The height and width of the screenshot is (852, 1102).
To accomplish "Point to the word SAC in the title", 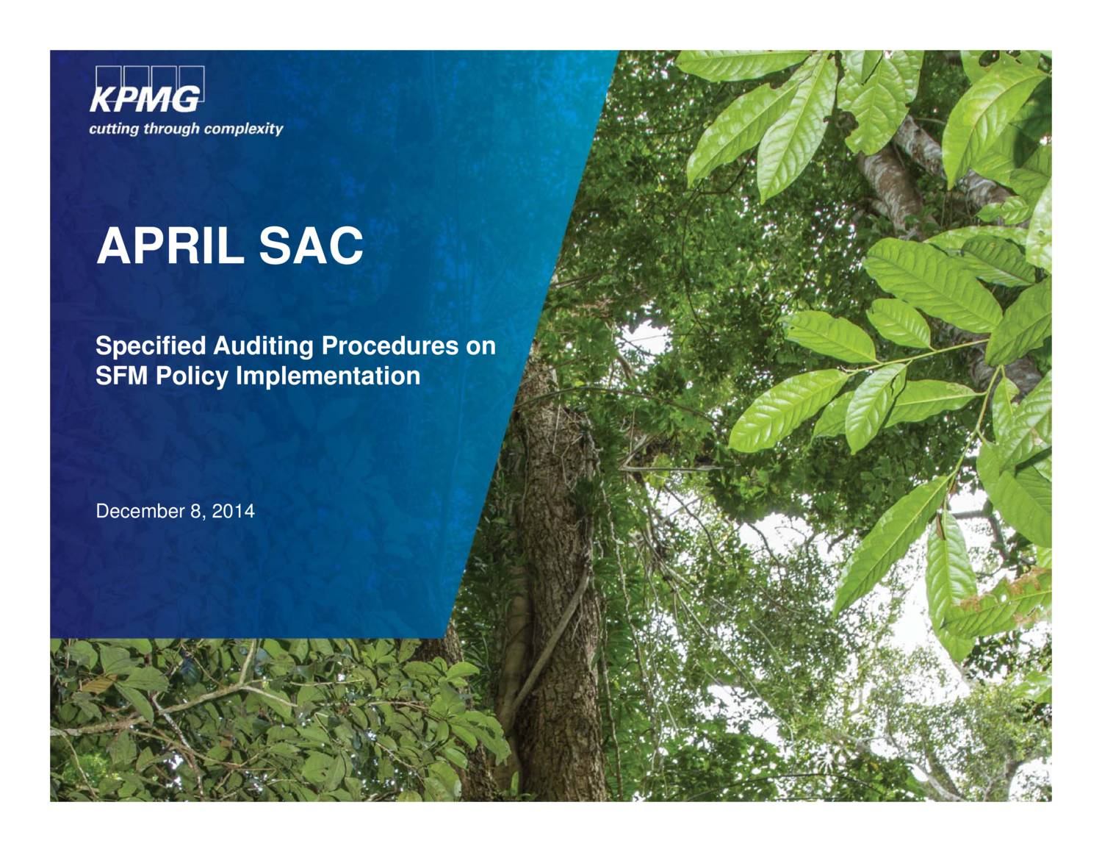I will click(x=311, y=246).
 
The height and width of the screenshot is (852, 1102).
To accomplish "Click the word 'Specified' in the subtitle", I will click(x=151, y=346).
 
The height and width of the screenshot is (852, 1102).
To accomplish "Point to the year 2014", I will click(x=233, y=511).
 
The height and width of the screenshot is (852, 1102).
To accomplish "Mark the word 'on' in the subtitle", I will click(x=481, y=346).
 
